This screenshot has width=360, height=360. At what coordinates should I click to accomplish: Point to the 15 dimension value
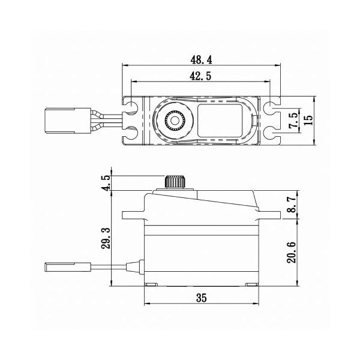click(308, 120)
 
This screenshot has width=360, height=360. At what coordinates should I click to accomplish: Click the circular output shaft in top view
click(174, 121)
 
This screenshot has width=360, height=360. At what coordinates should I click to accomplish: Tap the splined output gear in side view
click(174, 181)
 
